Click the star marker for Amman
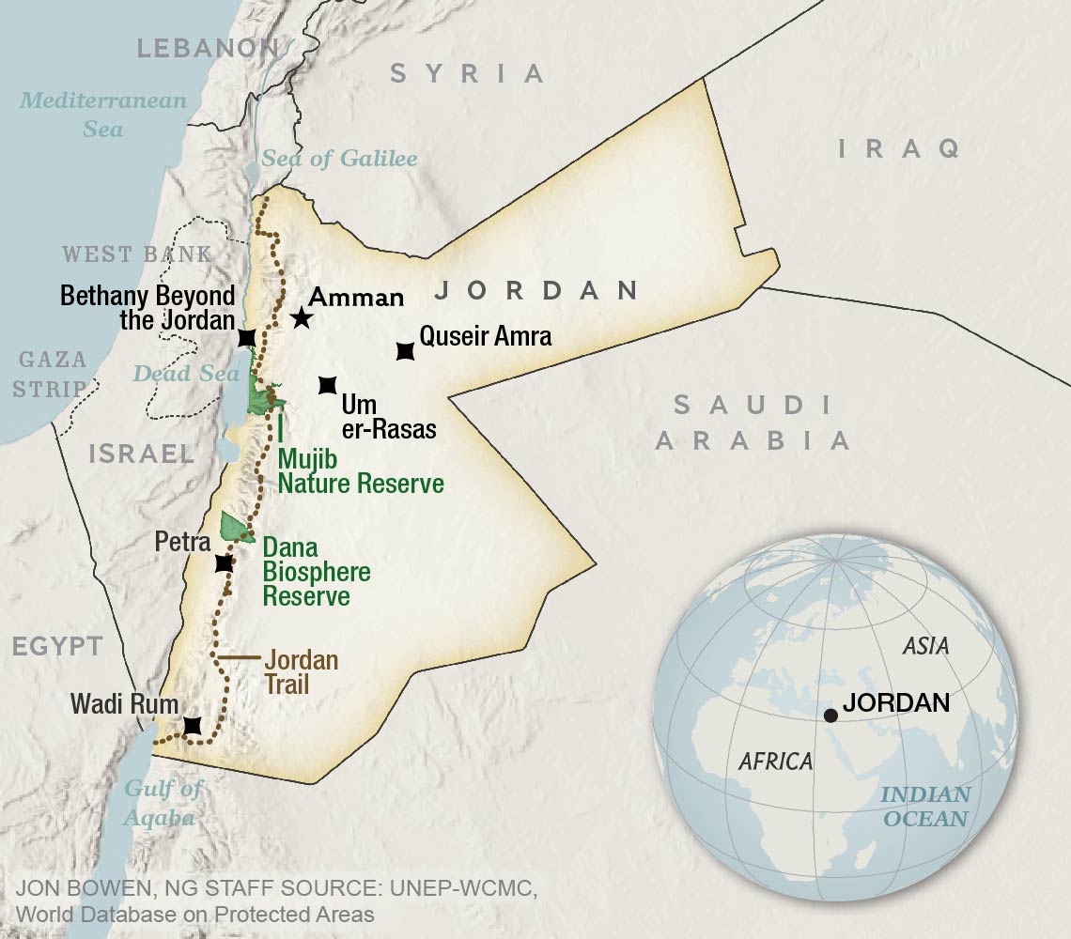pyautogui.click(x=301, y=317)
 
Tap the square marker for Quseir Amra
pyautogui.click(x=405, y=352)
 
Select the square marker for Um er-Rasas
pyautogui.click(x=327, y=385)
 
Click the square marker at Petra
pyautogui.click(x=224, y=563)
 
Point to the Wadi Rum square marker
pyautogui.click(x=193, y=726)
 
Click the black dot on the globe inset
pyautogui.click(x=830, y=716)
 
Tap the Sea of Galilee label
pyautogui.click(x=338, y=158)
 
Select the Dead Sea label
pyautogui.click(x=186, y=373)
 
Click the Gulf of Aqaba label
pyautogui.click(x=163, y=803)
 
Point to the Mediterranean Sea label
pyautogui.click(x=103, y=114)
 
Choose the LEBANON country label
pyautogui.click(x=209, y=48)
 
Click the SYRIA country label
pyautogui.click(x=467, y=72)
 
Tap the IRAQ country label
pyautogui.click(x=899, y=147)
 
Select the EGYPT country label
pyautogui.click(x=57, y=645)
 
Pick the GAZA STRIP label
pyautogui.click(x=53, y=373)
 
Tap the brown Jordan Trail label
pyautogui.click(x=301, y=671)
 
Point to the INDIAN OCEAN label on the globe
pyautogui.click(x=925, y=806)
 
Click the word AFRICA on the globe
pyautogui.click(x=775, y=761)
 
